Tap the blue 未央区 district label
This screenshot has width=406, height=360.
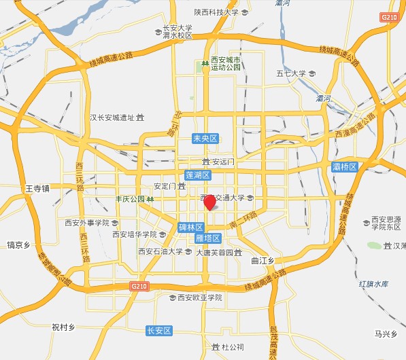tap(205, 138)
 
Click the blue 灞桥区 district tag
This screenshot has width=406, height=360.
tap(345, 166)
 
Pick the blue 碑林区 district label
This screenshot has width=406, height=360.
tap(191, 227)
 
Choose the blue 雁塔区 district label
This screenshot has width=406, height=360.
tap(207, 238)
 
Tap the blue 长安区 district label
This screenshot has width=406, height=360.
tap(159, 331)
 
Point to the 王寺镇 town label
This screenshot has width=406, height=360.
tap(37, 188)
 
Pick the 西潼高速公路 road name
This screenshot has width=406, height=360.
tap(356, 126)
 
